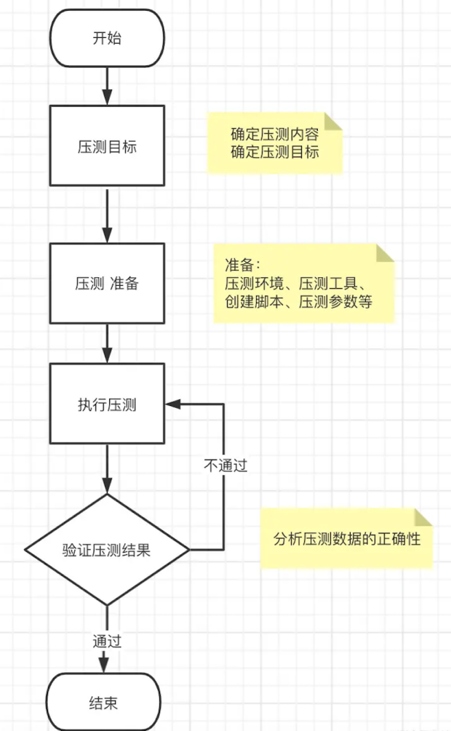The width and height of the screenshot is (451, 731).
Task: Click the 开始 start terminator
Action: coord(107,38)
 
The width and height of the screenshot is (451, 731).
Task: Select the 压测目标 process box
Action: coord(107,145)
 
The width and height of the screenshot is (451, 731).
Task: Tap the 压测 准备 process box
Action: coord(107,283)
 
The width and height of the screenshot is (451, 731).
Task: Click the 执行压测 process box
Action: coord(107,404)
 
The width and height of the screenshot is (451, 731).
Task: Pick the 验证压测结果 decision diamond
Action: coord(107,550)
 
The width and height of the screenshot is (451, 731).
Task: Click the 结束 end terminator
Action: coord(103,703)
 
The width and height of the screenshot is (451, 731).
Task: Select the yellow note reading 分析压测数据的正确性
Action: coord(347,539)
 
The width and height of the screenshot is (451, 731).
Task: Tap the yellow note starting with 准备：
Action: coord(303,283)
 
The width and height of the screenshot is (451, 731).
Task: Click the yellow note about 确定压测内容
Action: coord(274,143)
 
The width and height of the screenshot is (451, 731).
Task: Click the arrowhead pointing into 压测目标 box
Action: coord(107,97)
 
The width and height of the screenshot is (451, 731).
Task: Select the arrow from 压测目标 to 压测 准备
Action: coord(107,214)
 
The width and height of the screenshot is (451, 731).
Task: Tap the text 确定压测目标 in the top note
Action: coord(274,152)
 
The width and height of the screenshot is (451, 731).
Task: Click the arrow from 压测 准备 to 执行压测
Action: coord(107,343)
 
